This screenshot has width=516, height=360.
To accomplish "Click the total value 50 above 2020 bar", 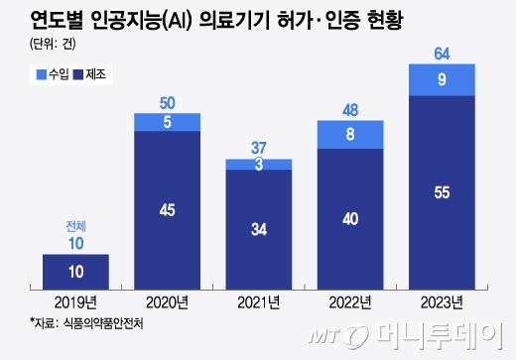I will [167, 102].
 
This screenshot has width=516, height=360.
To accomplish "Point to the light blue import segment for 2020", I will [167, 122].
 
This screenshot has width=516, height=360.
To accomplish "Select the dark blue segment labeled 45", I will [167, 210].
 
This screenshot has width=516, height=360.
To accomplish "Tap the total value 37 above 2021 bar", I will [258, 147].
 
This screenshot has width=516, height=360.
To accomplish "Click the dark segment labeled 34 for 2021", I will [258, 230].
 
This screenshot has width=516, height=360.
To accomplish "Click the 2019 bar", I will [75, 272].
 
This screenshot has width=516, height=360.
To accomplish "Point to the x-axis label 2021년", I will [258, 301].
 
